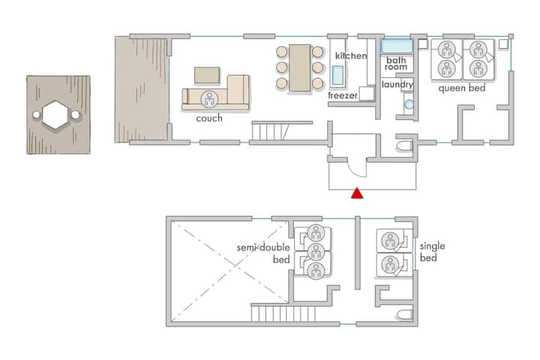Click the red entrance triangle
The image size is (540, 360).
357,194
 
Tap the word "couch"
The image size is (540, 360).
209,118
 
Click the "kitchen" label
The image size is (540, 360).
351,55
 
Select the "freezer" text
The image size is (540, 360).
343,95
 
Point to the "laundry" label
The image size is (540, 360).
397,85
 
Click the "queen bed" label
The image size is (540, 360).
462,88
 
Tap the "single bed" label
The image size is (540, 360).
432,252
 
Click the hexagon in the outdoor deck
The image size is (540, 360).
55,115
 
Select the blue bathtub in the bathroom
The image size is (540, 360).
397,46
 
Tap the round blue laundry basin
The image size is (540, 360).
409,104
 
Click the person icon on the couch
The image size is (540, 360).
209,99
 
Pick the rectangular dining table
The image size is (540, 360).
299,67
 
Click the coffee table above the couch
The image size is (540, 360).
207,76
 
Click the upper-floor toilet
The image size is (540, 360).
404,314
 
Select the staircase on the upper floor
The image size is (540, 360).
283,313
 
